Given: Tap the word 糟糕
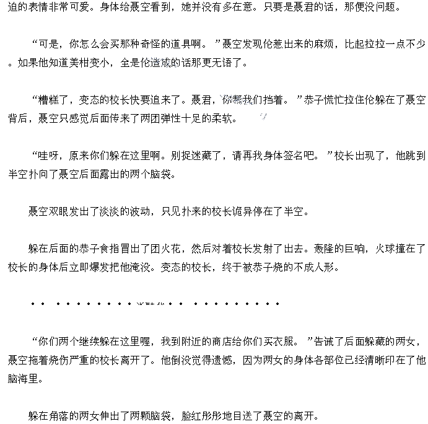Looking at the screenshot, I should click(x=49, y=100).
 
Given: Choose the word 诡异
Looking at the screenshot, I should click(x=250, y=211).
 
